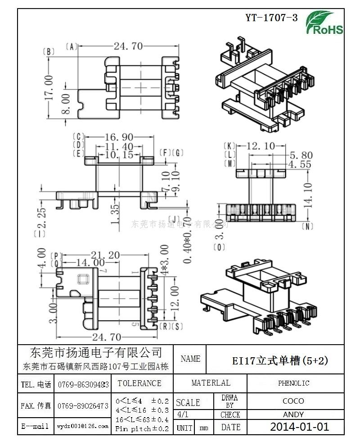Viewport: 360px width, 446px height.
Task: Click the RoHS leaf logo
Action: pyautogui.click(x=324, y=23)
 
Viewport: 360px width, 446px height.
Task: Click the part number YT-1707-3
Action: pyautogui.click(x=271, y=18)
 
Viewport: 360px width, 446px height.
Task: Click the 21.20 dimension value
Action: pyautogui.click(x=104, y=255)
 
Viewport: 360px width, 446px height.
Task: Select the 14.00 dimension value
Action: pyautogui.click(x=90, y=262)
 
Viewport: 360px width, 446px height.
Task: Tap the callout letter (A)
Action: pyautogui.click(x=72, y=46)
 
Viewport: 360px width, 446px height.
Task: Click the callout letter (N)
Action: pyautogui.click(x=308, y=226)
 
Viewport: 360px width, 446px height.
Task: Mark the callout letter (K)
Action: pyautogui.click(x=229, y=146)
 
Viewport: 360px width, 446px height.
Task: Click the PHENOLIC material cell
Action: pyautogui.click(x=293, y=383)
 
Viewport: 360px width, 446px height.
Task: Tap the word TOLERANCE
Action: pyautogui.click(x=139, y=383)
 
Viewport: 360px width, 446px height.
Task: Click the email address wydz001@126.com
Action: pyautogui.click(x=83, y=426)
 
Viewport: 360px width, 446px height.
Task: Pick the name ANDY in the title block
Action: pyautogui.click(x=293, y=414)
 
